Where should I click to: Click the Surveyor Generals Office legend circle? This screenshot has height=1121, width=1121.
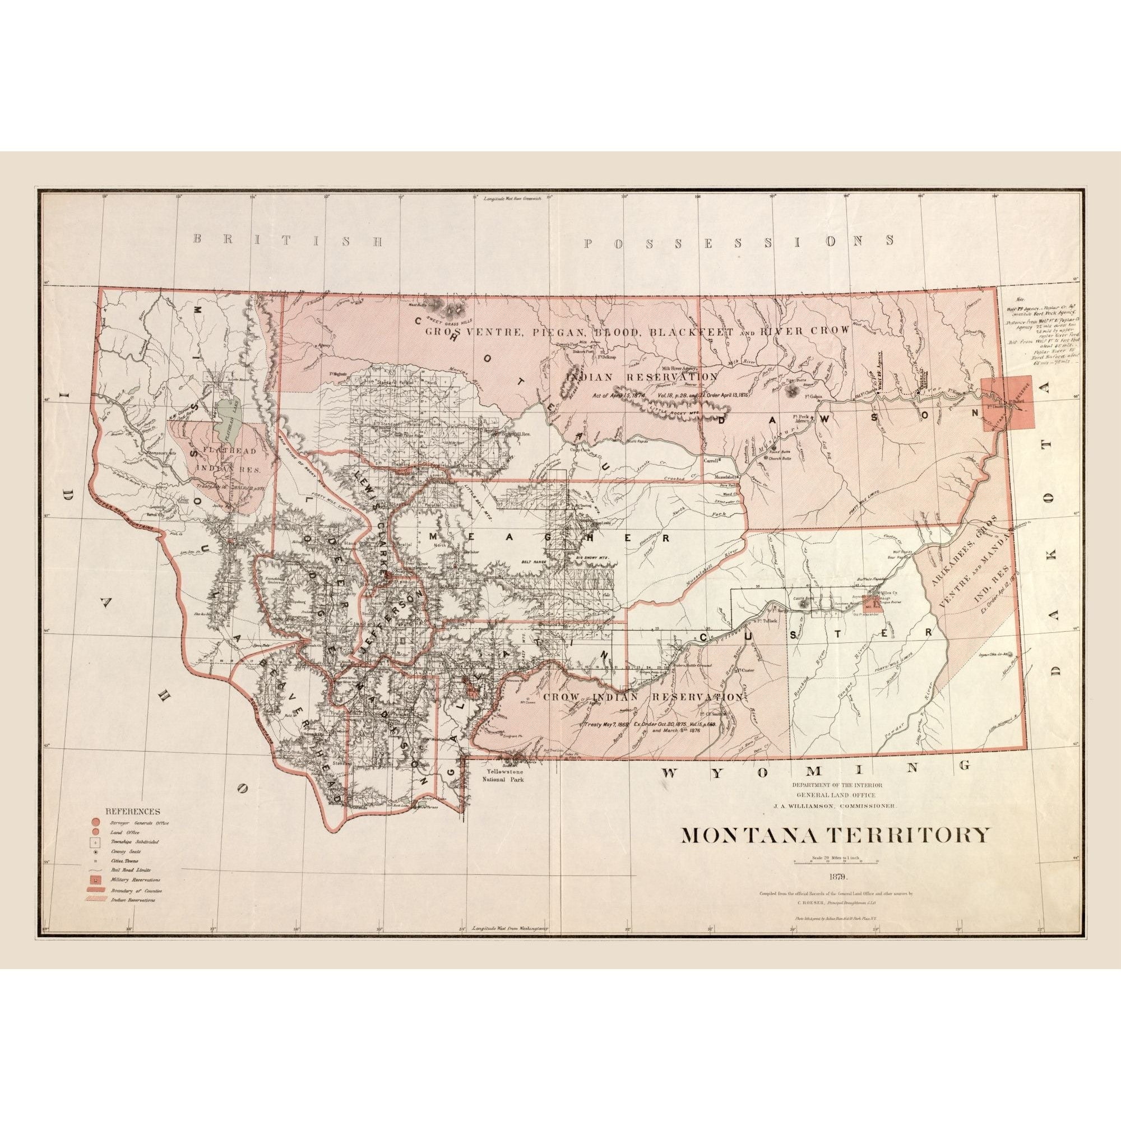pyautogui.click(x=95, y=823)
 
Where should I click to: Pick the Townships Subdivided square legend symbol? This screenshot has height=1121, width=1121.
pyautogui.click(x=95, y=841)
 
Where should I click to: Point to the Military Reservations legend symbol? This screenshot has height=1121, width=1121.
pyautogui.click(x=95, y=879)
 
